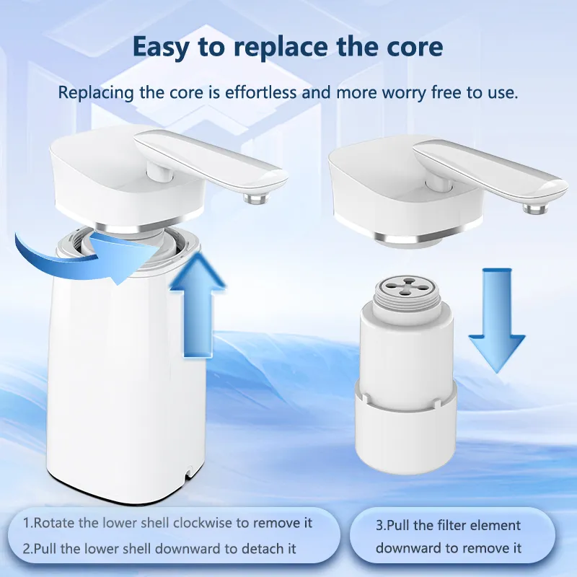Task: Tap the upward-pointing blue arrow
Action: tap(198, 304)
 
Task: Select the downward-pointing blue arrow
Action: tap(497, 320)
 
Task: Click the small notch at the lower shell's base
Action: tap(189, 472)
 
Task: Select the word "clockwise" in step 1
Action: tap(203, 522)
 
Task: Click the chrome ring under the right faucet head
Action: tap(410, 238)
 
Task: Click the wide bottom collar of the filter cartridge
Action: tap(406, 427)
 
